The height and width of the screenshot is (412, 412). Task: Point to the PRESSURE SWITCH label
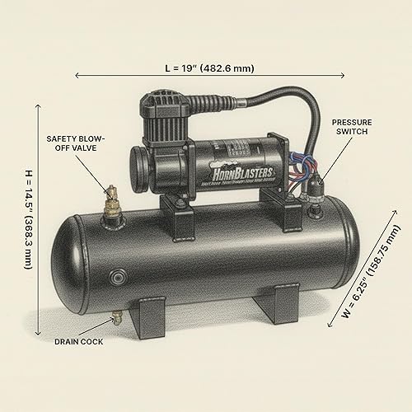coord(353,127)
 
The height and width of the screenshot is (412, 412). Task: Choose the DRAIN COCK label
coord(79,341)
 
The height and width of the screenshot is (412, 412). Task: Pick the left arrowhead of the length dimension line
coord(77,75)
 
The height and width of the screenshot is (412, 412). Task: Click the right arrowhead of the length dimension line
coord(321,75)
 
